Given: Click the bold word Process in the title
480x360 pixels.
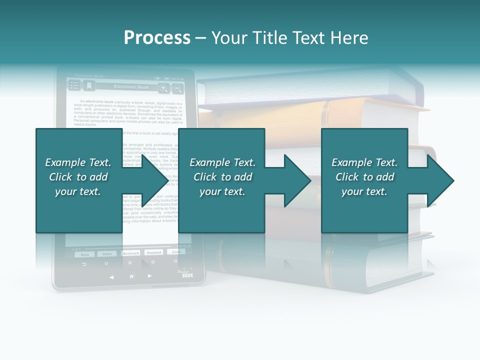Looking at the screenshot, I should click(157, 38).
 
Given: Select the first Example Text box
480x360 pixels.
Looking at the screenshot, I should click(79, 180).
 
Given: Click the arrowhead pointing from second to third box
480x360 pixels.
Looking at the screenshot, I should click(297, 180).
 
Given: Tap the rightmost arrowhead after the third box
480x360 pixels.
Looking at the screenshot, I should click(440, 180).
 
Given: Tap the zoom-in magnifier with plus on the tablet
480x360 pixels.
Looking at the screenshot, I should click(163, 88).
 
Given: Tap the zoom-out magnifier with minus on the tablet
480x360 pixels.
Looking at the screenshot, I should click(177, 88).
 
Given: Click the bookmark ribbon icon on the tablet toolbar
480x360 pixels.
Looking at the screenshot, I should click(89, 86).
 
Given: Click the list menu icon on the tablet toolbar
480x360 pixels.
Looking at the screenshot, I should click(74, 86).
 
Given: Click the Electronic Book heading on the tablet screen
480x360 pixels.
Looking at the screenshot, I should click(131, 87).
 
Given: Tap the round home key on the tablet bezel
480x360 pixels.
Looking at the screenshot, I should click(131, 276).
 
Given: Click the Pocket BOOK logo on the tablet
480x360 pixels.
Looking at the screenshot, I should click(186, 273).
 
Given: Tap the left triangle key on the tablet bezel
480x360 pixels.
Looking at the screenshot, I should click(111, 276).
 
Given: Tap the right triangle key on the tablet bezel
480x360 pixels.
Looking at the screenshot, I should click(150, 276).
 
